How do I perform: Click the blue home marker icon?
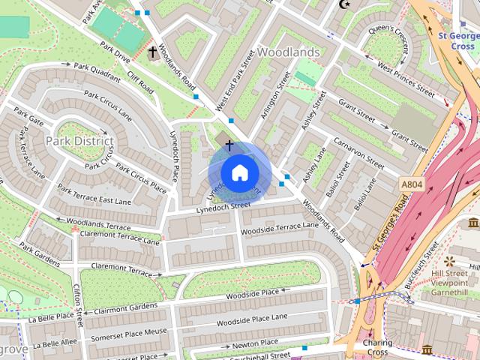point(238,172)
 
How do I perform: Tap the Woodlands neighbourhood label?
point(288,52)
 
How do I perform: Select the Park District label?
point(79,141)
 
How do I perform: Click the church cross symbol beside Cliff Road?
point(153,52)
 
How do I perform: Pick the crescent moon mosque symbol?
point(346,4)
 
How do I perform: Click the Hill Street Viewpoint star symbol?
point(449,261)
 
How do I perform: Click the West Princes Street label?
point(406,81)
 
